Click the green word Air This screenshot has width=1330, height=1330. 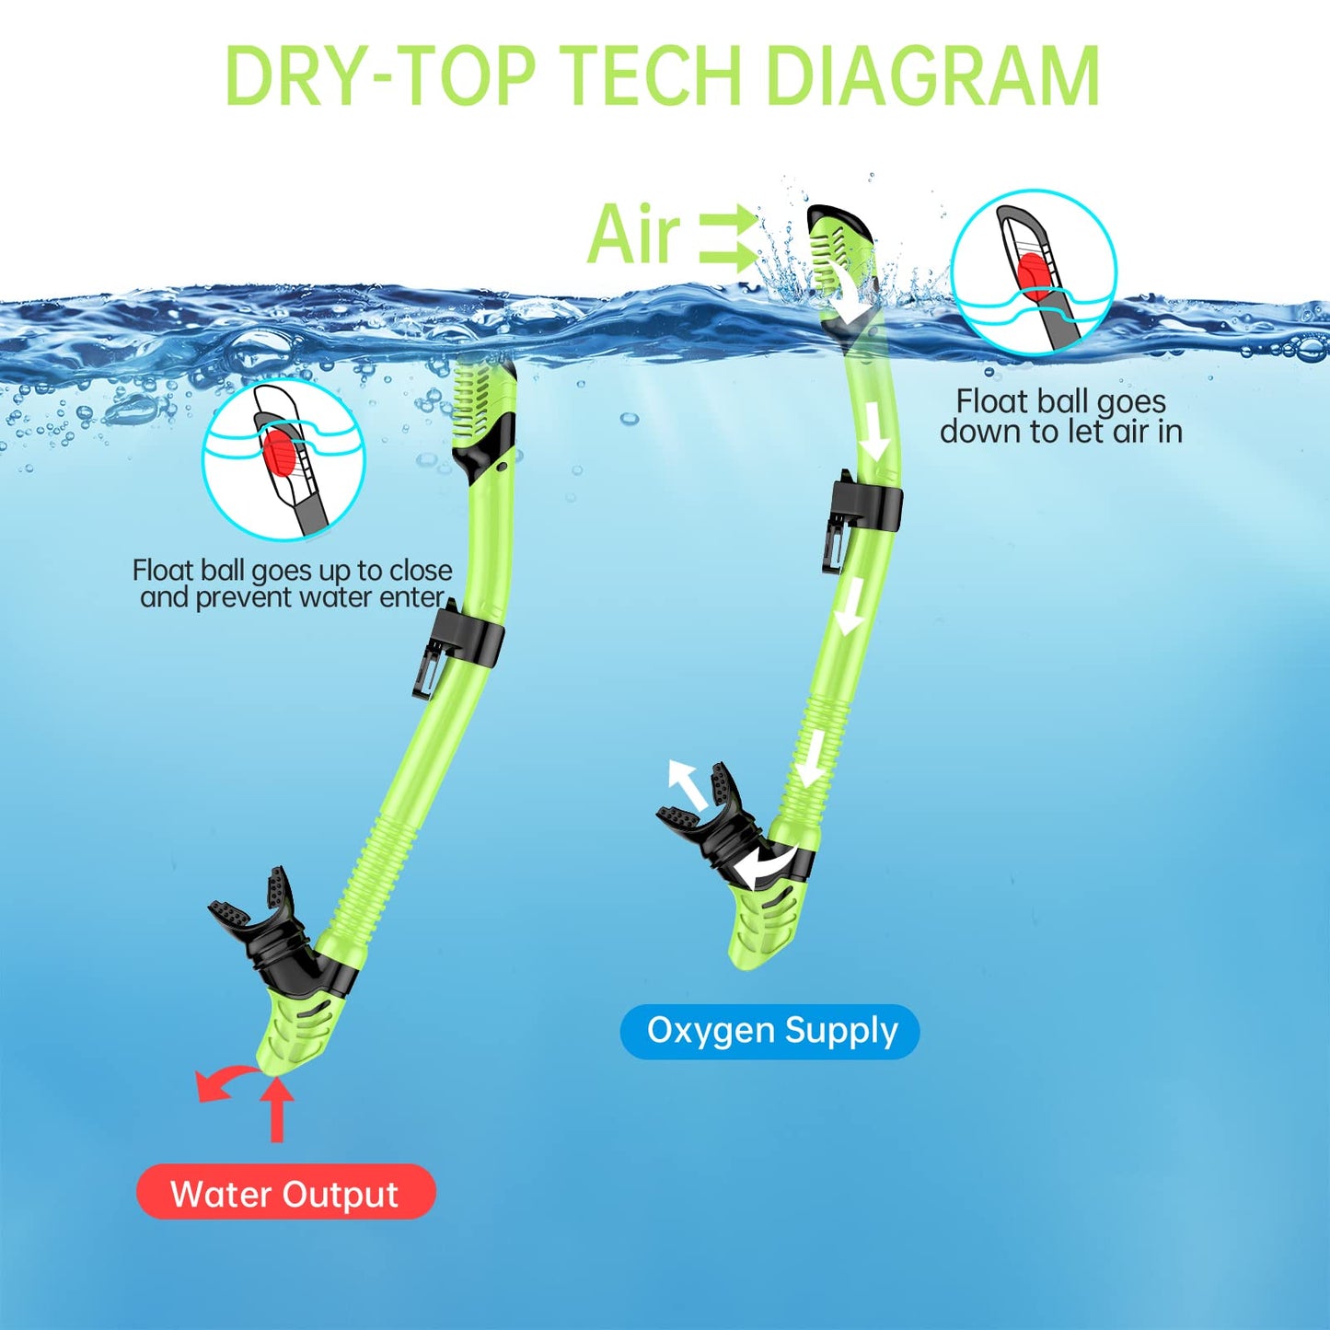pos(633,233)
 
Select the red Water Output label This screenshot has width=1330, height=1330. pos(285,1194)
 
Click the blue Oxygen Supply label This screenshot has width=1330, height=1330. pos(771,1031)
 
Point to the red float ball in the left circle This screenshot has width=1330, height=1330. pos(279,449)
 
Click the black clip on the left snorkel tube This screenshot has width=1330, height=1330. pos(459,647)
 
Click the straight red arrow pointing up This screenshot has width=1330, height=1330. pos(278,1108)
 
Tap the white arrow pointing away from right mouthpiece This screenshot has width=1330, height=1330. pos(688,784)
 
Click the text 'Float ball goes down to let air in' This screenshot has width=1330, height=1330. pos(1061,416)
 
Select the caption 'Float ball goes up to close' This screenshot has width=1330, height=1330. pos(292,570)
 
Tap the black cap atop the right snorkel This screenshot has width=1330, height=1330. pos(843,219)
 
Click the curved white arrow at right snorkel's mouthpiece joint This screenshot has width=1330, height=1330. pos(765,864)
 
